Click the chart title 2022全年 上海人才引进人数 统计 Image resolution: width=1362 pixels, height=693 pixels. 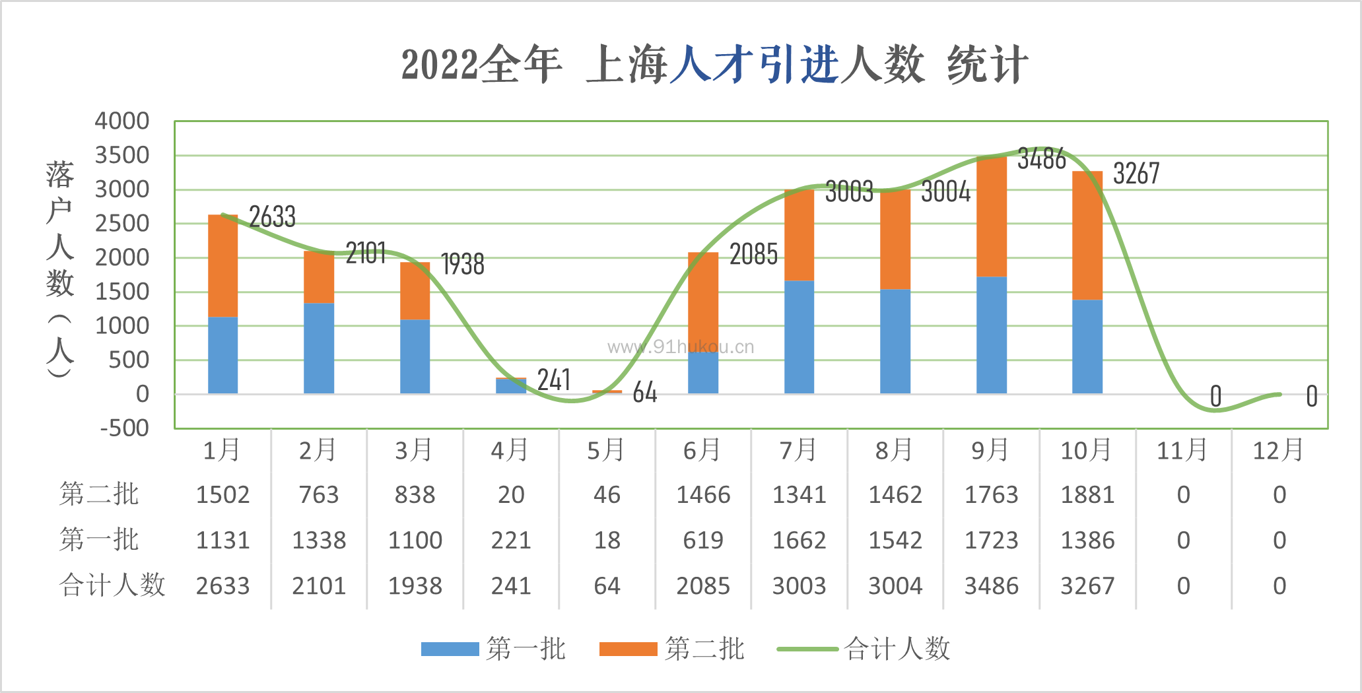[x=714, y=65]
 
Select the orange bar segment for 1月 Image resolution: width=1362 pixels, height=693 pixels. [x=222, y=265]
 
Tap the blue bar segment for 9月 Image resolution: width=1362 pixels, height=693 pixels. [x=991, y=335]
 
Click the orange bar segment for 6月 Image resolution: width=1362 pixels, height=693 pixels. [x=703, y=302]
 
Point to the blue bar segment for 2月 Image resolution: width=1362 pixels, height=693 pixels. [x=319, y=348]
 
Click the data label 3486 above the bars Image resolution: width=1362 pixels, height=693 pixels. [x=1041, y=159]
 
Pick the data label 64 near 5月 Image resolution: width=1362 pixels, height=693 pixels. [x=644, y=393]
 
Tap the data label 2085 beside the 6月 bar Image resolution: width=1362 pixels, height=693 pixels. [x=753, y=254]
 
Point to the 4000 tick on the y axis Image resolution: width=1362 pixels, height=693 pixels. [x=122, y=121]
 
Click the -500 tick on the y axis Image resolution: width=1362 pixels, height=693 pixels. [x=125, y=428]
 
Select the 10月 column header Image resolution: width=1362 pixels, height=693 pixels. [x=1086, y=450]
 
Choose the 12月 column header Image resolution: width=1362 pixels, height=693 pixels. [x=1278, y=450]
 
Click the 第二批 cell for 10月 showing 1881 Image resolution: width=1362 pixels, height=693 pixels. [x=1087, y=494]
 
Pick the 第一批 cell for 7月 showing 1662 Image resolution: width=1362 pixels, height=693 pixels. [x=799, y=541]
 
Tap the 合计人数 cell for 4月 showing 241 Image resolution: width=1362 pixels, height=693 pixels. [x=511, y=585]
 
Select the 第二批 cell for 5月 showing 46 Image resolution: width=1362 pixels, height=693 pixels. [x=607, y=494]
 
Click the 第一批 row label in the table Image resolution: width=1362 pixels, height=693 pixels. [x=99, y=539]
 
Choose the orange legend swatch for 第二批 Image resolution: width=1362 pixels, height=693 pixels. [x=628, y=649]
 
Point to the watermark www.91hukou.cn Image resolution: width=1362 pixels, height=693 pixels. [x=680, y=347]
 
